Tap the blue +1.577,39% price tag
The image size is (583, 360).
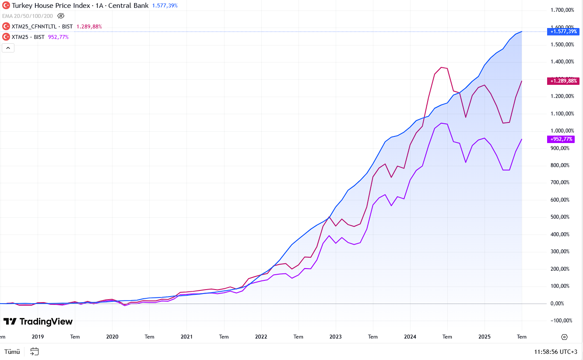click(x=564, y=31)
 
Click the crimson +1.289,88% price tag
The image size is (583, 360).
click(x=563, y=81)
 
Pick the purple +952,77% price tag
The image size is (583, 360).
click(x=561, y=139)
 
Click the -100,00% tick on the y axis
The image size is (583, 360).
click(x=562, y=321)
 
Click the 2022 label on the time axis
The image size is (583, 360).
click(x=261, y=337)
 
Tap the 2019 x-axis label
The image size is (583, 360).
click(x=38, y=337)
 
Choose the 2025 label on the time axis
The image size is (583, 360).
click(x=484, y=337)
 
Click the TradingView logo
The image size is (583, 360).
click(x=38, y=322)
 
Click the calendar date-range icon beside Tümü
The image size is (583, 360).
click(x=35, y=351)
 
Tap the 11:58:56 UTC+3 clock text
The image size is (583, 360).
click(x=555, y=352)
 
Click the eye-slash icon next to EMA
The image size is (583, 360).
click(x=61, y=16)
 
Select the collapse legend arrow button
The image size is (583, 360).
click(x=8, y=48)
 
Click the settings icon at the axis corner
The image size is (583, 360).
click(x=564, y=337)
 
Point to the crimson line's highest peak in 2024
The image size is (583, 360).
click(x=441, y=67)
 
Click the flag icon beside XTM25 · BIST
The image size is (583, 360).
click(x=6, y=37)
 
